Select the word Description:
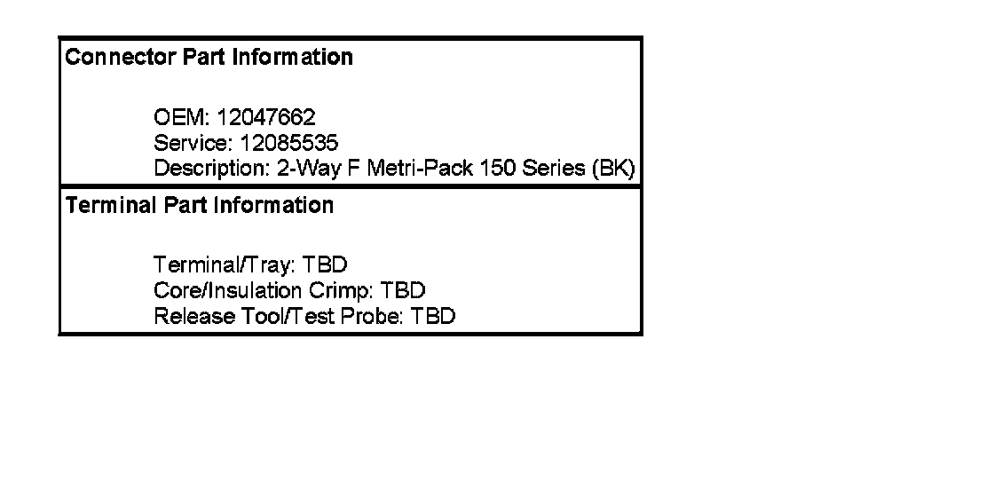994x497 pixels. tap(211, 169)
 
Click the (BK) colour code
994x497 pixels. tap(613, 169)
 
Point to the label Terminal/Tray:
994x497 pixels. tap(225, 265)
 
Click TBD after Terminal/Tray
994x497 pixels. tap(324, 265)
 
